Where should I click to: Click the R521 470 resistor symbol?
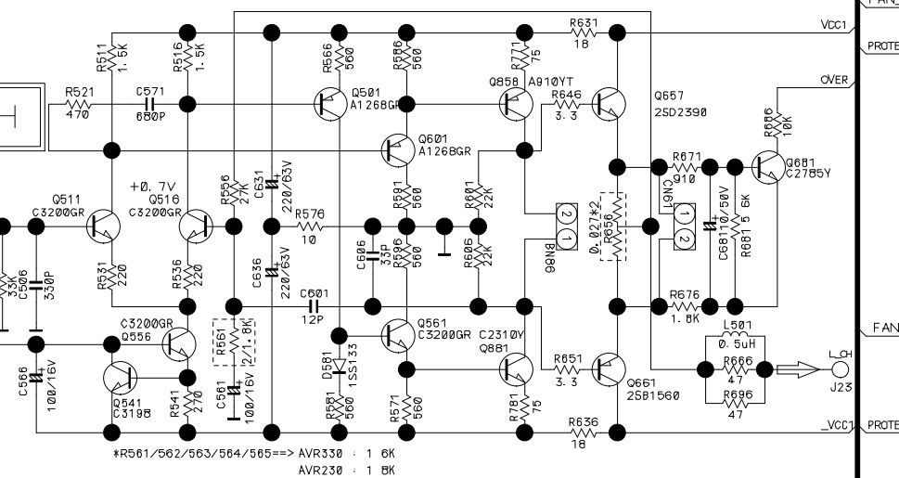(x=78, y=106)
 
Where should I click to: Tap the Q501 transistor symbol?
(x=327, y=104)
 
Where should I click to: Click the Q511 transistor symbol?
(x=105, y=226)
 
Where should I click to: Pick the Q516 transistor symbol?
(x=196, y=226)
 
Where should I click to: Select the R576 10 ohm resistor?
(x=311, y=226)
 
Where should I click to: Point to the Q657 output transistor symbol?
(x=608, y=105)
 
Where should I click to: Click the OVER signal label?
(x=833, y=80)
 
